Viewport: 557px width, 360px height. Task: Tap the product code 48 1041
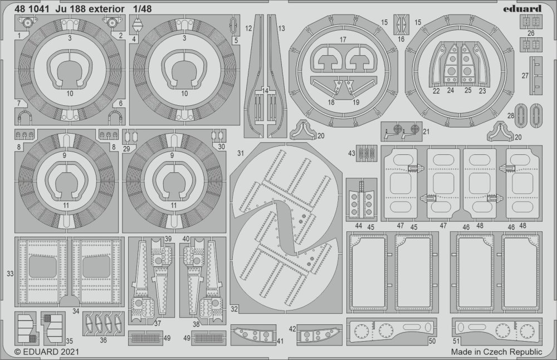[31, 9]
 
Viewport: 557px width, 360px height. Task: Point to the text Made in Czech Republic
[497, 352]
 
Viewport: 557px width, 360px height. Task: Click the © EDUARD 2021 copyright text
[47, 352]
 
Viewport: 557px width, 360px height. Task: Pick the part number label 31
[241, 153]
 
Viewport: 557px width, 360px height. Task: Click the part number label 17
[343, 40]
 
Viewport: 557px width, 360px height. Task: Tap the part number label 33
[10, 274]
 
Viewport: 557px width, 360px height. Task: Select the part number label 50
[432, 341]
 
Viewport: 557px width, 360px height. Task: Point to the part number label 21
[426, 132]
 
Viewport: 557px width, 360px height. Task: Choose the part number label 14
[265, 91]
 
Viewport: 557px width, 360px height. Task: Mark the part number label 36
[103, 340]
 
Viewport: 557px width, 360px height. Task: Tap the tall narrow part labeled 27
[536, 75]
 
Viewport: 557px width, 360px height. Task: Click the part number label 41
[280, 342]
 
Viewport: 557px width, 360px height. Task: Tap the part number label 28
[511, 116]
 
